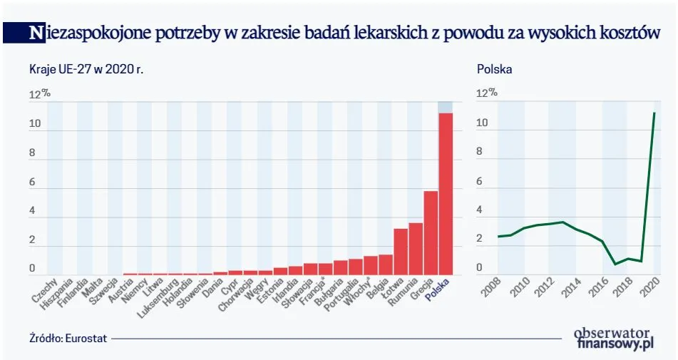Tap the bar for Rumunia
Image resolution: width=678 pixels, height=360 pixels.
(x=416, y=249)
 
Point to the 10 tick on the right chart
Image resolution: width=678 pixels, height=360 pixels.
(x=482, y=124)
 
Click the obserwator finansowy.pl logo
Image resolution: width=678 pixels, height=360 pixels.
(x=614, y=337)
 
